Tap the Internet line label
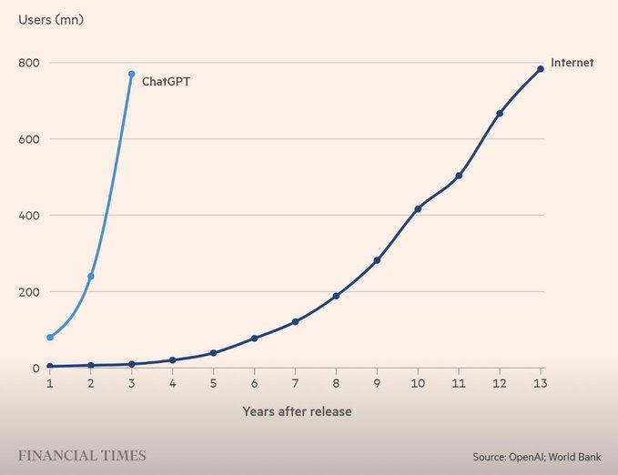(x=572, y=63)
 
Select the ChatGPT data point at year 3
(x=132, y=74)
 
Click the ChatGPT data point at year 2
(x=91, y=276)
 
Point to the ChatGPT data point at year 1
(x=50, y=338)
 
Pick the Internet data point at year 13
(x=541, y=69)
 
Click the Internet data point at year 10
(x=418, y=209)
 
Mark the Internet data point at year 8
(x=336, y=296)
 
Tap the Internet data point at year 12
(x=500, y=114)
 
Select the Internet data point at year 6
(x=254, y=339)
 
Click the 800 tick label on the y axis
(x=30, y=63)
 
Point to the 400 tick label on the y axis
(x=30, y=216)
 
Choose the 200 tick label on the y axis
(x=30, y=292)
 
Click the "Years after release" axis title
(x=297, y=411)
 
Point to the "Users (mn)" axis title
(x=49, y=19)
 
